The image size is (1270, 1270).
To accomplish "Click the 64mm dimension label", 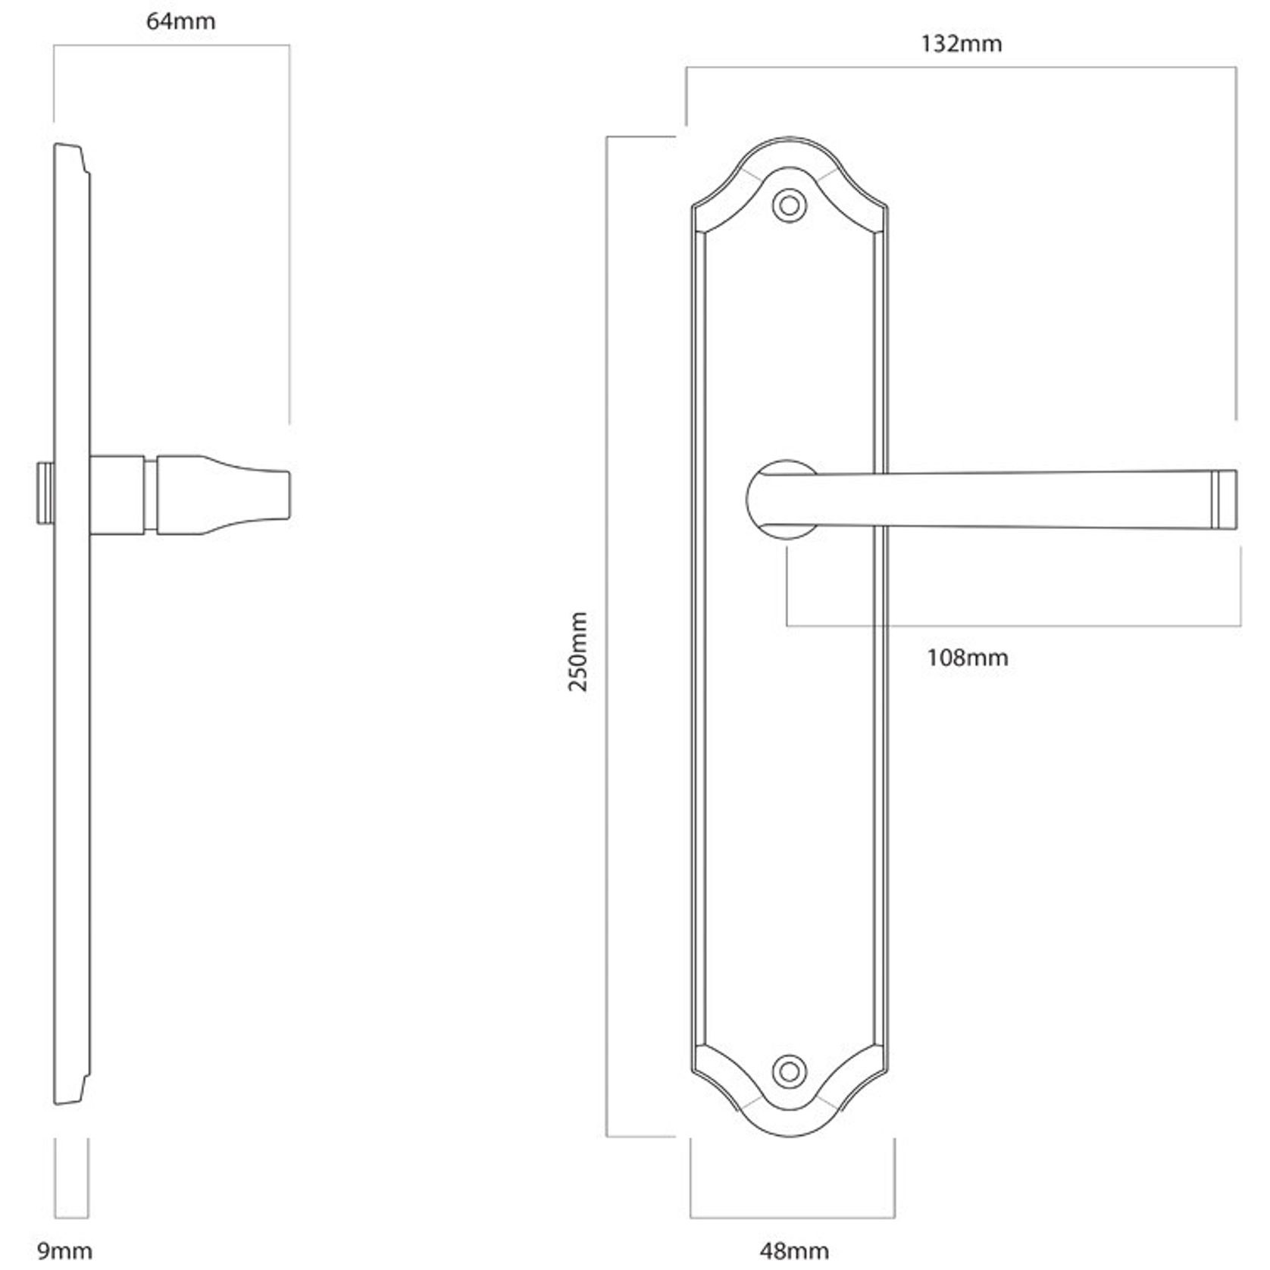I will [180, 21].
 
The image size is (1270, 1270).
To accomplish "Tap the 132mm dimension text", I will [961, 44].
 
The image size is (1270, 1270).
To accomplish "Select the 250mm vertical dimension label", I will [577, 652].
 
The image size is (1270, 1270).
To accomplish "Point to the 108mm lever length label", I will [967, 657].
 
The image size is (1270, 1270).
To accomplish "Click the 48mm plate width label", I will [793, 1250].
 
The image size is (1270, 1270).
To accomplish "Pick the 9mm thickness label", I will [65, 1250].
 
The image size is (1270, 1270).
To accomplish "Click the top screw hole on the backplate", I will [789, 205].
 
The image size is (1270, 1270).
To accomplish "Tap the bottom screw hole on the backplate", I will [789, 1071].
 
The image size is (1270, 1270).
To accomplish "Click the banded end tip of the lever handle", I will [1225, 499].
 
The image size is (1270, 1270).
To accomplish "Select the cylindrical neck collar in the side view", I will [117, 494].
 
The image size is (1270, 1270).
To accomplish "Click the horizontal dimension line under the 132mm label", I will [961, 67].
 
